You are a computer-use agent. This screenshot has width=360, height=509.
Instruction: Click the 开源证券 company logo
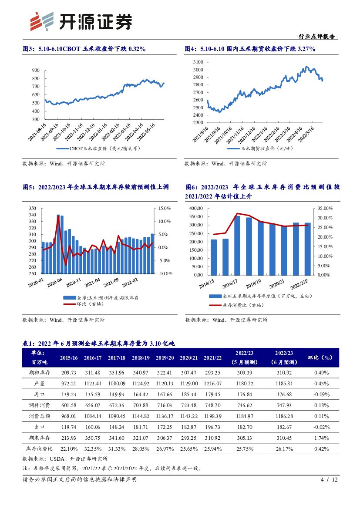coord(80,20)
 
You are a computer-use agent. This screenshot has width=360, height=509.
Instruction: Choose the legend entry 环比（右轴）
coord(91,304)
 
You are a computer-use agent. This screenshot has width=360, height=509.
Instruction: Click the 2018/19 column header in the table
coord(141,357)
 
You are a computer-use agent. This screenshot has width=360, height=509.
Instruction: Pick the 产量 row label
coord(40,383)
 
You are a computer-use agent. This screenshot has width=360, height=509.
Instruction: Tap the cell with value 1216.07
coord(212,383)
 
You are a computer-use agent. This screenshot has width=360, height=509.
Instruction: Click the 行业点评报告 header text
coord(316,37)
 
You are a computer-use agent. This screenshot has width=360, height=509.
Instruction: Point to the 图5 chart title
coord(95,187)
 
